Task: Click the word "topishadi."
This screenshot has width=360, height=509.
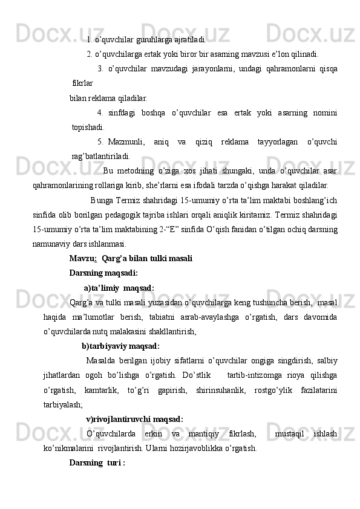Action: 88,127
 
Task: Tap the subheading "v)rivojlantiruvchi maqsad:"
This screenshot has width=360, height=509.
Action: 134,419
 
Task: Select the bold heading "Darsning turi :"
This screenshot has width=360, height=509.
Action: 97,463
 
